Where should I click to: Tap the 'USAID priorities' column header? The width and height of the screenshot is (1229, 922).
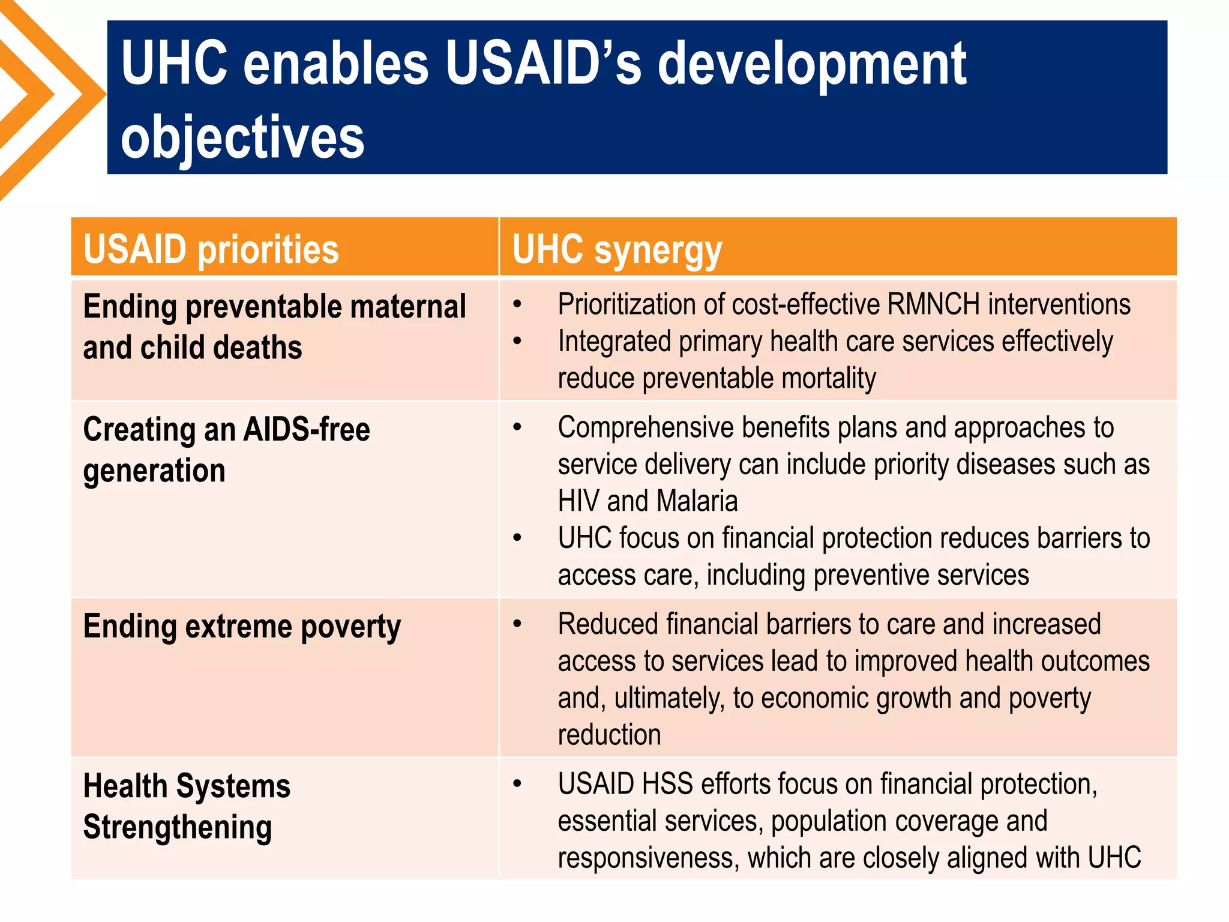(211, 249)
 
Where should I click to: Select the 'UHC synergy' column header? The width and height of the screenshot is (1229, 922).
(617, 250)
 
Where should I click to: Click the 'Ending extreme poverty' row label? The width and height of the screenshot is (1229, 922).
(242, 627)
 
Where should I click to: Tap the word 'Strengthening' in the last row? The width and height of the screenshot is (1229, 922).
(178, 828)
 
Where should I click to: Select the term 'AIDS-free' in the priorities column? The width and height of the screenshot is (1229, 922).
(307, 430)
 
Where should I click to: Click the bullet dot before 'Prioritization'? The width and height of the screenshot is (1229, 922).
(517, 304)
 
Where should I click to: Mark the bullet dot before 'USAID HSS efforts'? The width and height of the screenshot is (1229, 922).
(517, 784)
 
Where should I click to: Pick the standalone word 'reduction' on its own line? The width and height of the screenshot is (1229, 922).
(609, 735)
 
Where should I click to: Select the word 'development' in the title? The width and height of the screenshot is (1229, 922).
(811, 64)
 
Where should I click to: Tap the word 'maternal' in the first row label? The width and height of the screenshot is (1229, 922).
(408, 307)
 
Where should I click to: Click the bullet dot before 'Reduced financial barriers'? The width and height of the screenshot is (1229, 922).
(517, 624)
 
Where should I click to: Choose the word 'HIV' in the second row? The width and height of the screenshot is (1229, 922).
(578, 501)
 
